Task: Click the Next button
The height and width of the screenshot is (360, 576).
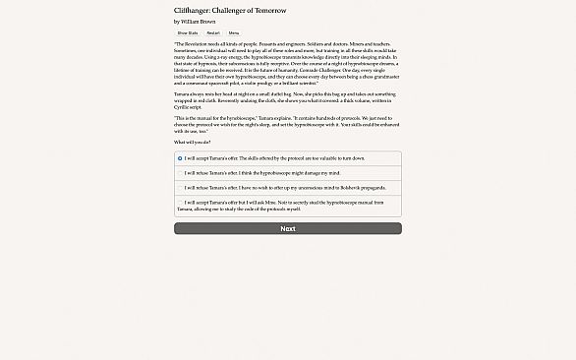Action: (287, 228)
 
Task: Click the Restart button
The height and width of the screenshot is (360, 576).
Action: (212, 32)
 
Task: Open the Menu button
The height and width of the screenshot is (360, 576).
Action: (233, 32)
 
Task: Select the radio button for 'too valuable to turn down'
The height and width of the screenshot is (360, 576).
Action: (180, 158)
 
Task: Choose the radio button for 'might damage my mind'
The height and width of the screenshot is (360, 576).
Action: (180, 173)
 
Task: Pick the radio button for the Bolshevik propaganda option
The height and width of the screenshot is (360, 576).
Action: (180, 187)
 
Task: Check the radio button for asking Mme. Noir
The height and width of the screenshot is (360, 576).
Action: (180, 202)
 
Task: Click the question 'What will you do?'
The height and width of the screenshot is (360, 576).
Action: (192, 142)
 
